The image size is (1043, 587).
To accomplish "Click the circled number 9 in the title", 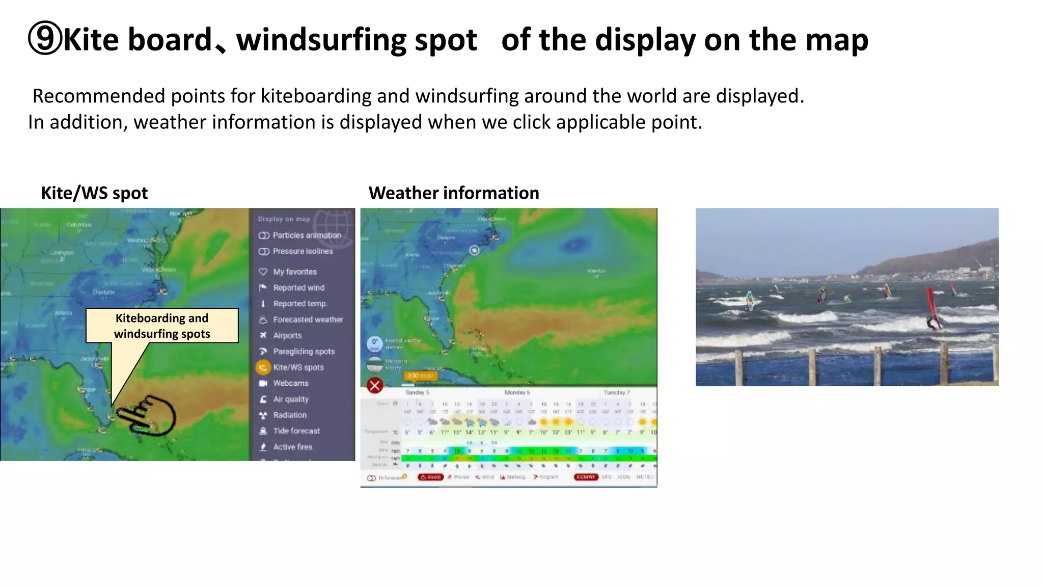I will coord(45,39).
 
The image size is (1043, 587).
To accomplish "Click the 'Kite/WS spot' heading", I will coord(94,193).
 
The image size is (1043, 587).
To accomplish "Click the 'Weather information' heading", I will coord(453,193).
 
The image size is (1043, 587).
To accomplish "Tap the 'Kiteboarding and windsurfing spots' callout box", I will coord(162,326).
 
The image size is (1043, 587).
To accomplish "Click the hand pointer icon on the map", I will coord(148,415).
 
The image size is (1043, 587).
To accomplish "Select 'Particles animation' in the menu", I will coord(306,235).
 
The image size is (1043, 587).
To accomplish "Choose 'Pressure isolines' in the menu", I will coord(303,251).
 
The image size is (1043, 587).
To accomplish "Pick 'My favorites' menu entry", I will coord(294,272).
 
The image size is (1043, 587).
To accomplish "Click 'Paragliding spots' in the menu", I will coord(304,352).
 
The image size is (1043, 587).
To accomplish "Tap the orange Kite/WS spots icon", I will coord(263,367).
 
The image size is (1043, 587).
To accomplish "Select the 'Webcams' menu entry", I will coord(290,383).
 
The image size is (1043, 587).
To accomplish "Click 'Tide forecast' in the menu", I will coord(296,431).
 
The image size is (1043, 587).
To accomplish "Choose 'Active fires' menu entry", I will coord(292,447).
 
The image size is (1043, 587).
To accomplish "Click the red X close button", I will coord(375,386).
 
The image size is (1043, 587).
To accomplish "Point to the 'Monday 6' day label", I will coord(517,392).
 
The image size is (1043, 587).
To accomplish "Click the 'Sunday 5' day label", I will coord(417,392).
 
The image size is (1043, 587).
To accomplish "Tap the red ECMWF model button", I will coord(586,477).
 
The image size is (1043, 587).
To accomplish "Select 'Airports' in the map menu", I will coord(287,336).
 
